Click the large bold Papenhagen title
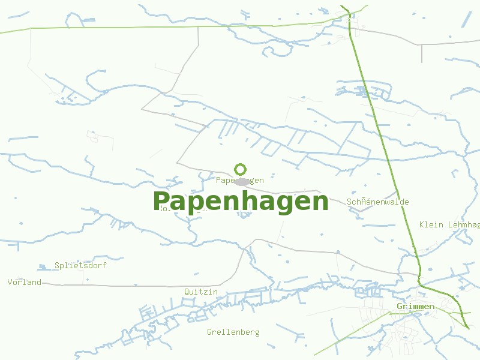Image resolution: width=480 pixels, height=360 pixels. pyautogui.click(x=241, y=202)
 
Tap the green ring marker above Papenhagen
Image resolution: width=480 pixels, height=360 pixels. pyautogui.click(x=241, y=169)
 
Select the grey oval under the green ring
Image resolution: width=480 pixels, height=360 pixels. pyautogui.click(x=242, y=182)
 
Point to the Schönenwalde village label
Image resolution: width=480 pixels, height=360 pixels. pyautogui.click(x=378, y=202)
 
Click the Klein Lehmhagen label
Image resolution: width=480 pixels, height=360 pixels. pyautogui.click(x=449, y=224)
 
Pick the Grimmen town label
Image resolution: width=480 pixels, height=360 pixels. pyautogui.click(x=416, y=307)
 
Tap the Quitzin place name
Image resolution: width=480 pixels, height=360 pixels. pyautogui.click(x=201, y=292)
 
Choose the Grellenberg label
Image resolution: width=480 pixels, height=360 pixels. pyautogui.click(x=233, y=332)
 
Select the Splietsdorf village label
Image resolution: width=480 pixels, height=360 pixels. pyautogui.click(x=81, y=265)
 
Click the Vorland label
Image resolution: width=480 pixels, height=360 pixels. pyautogui.click(x=25, y=282)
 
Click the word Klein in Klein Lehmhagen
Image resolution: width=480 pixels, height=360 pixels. pyautogui.click(x=431, y=224)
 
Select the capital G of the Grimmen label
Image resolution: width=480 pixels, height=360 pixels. pyautogui.click(x=400, y=307)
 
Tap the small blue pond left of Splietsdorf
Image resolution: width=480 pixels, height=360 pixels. pyautogui.click(x=43, y=266)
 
